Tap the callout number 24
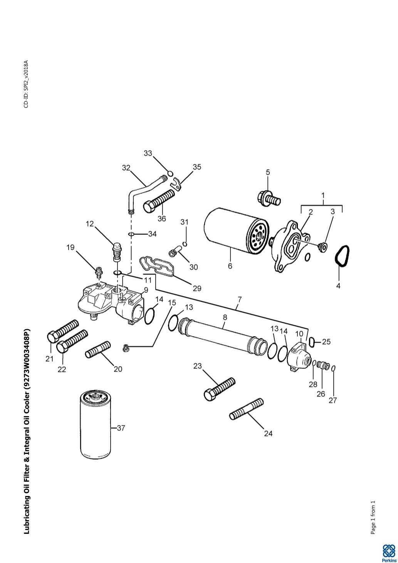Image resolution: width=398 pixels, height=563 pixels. [268, 434]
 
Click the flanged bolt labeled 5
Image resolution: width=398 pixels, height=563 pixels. [269, 198]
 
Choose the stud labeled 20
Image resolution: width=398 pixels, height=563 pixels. [98, 349]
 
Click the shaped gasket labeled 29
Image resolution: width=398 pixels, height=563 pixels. [156, 266]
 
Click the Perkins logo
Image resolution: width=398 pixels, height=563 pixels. [388, 553]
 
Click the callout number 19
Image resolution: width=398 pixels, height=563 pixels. [70, 247]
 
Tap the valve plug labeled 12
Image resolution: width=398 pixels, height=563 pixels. [116, 251]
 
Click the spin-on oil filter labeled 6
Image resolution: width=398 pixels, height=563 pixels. [235, 230]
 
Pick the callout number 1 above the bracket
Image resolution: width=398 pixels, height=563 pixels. [323, 195]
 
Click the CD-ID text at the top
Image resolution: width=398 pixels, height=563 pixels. [26, 84]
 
